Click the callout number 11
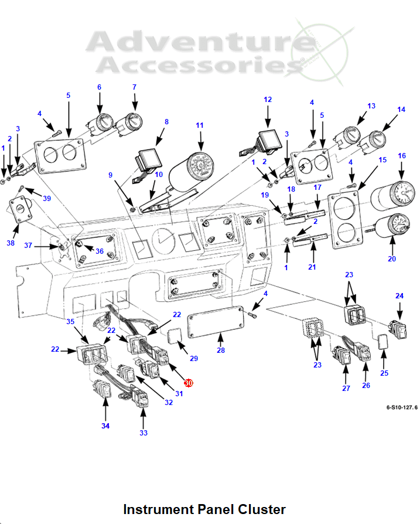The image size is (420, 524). (x=200, y=125)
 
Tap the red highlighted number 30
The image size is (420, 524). (x=188, y=382)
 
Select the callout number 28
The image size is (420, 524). (x=220, y=351)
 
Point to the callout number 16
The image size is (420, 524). (x=402, y=156)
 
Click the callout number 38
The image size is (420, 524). (x=11, y=242)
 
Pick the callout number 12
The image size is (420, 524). (x=268, y=100)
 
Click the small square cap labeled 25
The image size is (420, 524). (x=383, y=342)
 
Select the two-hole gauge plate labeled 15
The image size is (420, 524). (x=343, y=218)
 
